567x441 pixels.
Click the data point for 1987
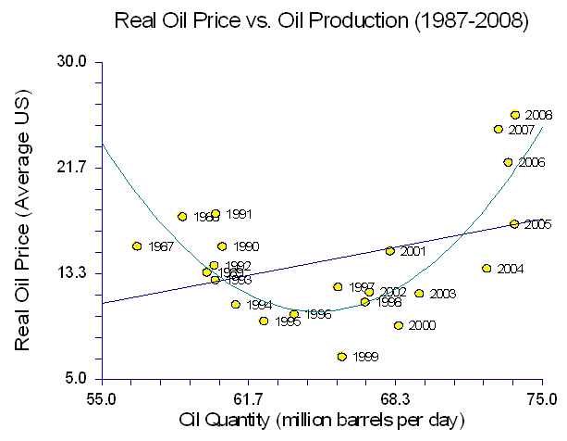137,246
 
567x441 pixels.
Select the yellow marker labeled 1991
216,214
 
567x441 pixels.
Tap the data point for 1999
341,356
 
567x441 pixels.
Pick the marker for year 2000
399,325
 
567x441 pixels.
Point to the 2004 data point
487,269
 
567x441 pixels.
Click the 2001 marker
389,251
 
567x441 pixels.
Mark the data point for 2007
498,130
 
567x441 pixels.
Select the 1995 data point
264,321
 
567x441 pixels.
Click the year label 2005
538,224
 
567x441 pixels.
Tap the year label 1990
245,246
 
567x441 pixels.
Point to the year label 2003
442,294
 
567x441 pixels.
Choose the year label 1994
259,305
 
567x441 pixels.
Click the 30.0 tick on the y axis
74,62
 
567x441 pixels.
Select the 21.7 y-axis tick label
74,167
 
